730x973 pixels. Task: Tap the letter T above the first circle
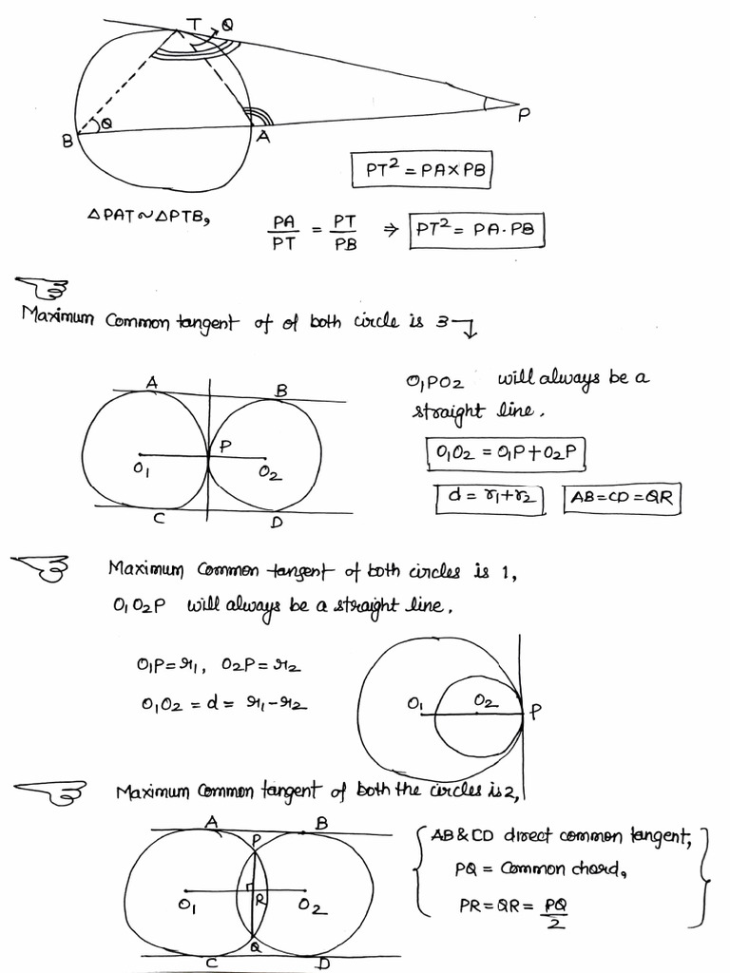(196, 23)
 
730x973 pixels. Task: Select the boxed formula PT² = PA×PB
(419, 171)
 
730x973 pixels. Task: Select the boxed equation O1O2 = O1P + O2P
(504, 454)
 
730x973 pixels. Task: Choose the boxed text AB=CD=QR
(624, 499)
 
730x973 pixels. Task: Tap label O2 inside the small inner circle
(484, 700)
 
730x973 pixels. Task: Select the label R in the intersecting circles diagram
(259, 896)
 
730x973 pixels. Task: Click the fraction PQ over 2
(556, 914)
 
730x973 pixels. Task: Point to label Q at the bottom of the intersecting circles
(255, 947)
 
